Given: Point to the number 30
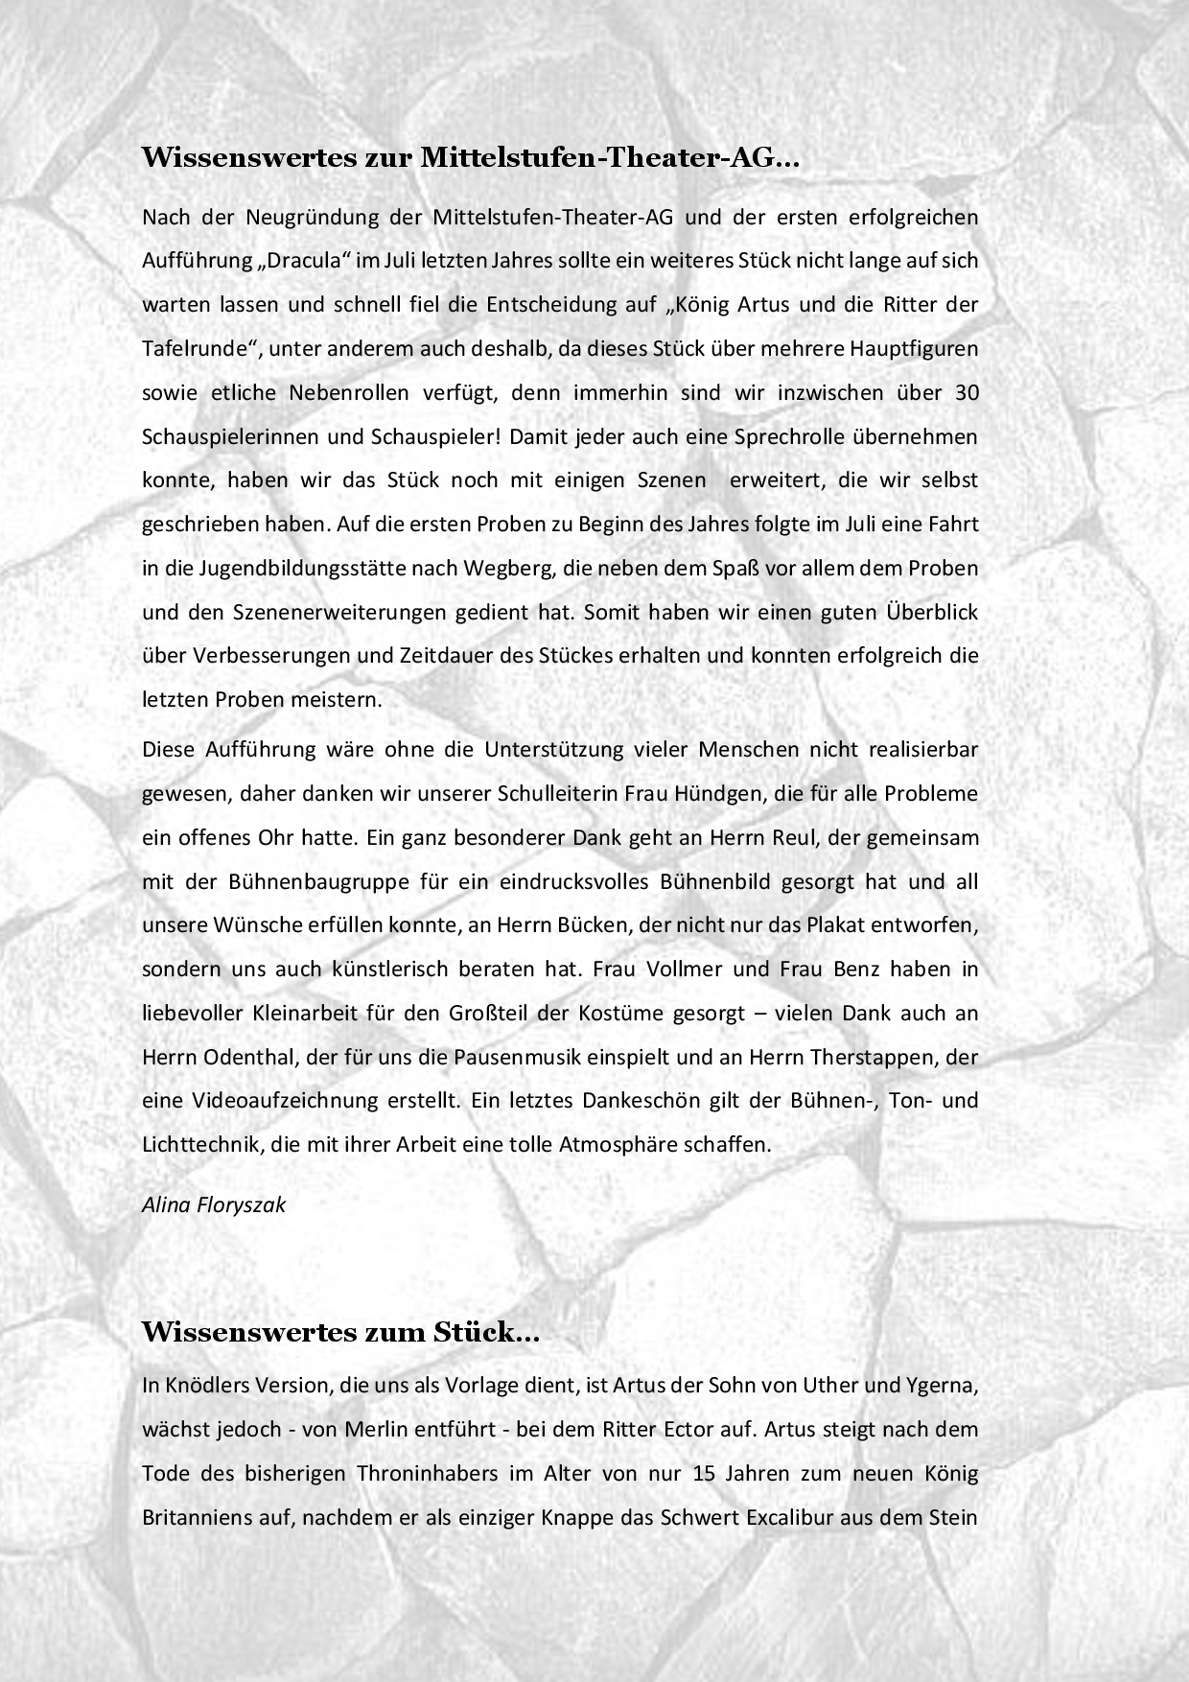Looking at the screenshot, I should (x=967, y=393).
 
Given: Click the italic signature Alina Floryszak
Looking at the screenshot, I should (x=214, y=1205).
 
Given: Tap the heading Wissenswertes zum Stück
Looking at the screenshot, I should (x=340, y=1332).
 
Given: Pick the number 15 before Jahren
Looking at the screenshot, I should (x=704, y=1474).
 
